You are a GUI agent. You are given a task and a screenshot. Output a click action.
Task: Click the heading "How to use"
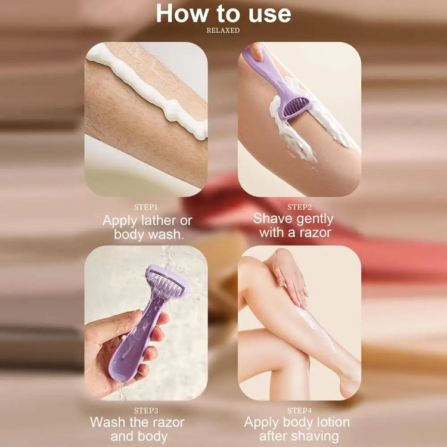(223, 14)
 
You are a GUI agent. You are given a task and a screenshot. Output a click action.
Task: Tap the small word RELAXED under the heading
(223, 30)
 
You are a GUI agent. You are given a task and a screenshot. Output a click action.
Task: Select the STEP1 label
(145, 207)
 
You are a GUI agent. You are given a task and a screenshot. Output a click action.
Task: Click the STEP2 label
(299, 207)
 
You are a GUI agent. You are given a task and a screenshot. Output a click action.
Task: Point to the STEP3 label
(146, 411)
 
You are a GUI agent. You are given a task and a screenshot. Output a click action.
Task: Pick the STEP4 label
(299, 411)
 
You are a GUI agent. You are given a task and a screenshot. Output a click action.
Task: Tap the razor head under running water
(166, 281)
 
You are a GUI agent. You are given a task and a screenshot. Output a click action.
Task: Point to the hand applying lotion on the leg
(287, 278)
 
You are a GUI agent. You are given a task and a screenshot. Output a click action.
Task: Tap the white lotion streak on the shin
(316, 328)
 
